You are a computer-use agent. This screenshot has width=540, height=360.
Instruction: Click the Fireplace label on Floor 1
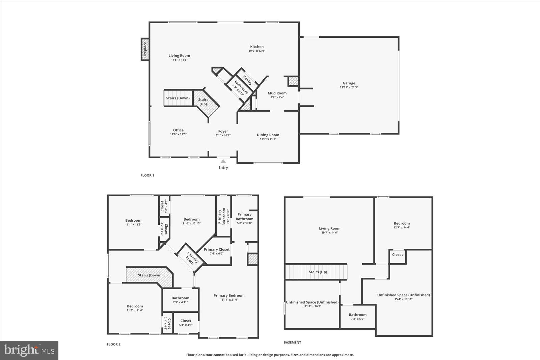(145, 49)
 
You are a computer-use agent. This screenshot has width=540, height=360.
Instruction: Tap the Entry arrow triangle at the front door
(223, 162)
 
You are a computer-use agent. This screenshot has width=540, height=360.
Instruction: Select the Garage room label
(349, 83)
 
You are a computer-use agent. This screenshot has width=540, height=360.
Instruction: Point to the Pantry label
(248, 80)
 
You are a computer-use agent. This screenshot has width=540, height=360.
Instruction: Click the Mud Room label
(277, 93)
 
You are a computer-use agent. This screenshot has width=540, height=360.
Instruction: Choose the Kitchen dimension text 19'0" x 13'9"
(257, 51)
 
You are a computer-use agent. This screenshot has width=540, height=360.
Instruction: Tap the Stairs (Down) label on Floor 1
(178, 98)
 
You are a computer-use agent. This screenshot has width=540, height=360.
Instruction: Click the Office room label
(178, 130)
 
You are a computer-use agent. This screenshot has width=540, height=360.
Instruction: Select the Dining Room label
(268, 135)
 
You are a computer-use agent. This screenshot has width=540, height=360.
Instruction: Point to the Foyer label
(223, 131)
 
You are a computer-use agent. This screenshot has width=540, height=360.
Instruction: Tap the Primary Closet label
(217, 249)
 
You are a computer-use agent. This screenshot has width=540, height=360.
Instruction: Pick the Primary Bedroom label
(229, 295)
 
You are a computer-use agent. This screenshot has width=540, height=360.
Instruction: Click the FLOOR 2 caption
(113, 344)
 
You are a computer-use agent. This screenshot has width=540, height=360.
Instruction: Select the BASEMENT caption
(292, 342)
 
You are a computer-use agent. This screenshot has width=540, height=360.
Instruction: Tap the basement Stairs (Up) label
(318, 272)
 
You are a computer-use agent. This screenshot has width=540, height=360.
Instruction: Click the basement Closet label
(397, 255)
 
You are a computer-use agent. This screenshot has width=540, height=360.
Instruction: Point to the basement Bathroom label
(358, 315)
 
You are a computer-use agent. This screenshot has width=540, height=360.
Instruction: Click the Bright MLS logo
(29, 350)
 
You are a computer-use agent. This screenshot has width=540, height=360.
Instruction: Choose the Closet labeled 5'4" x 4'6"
(186, 321)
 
